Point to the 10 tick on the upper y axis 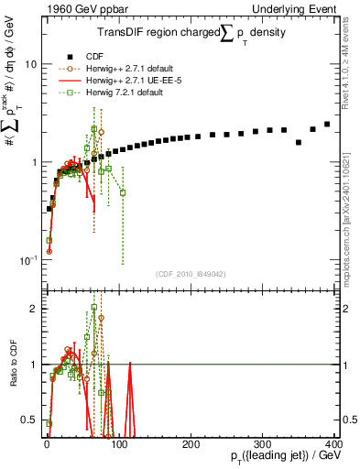[33, 65]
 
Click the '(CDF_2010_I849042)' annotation [190, 272]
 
